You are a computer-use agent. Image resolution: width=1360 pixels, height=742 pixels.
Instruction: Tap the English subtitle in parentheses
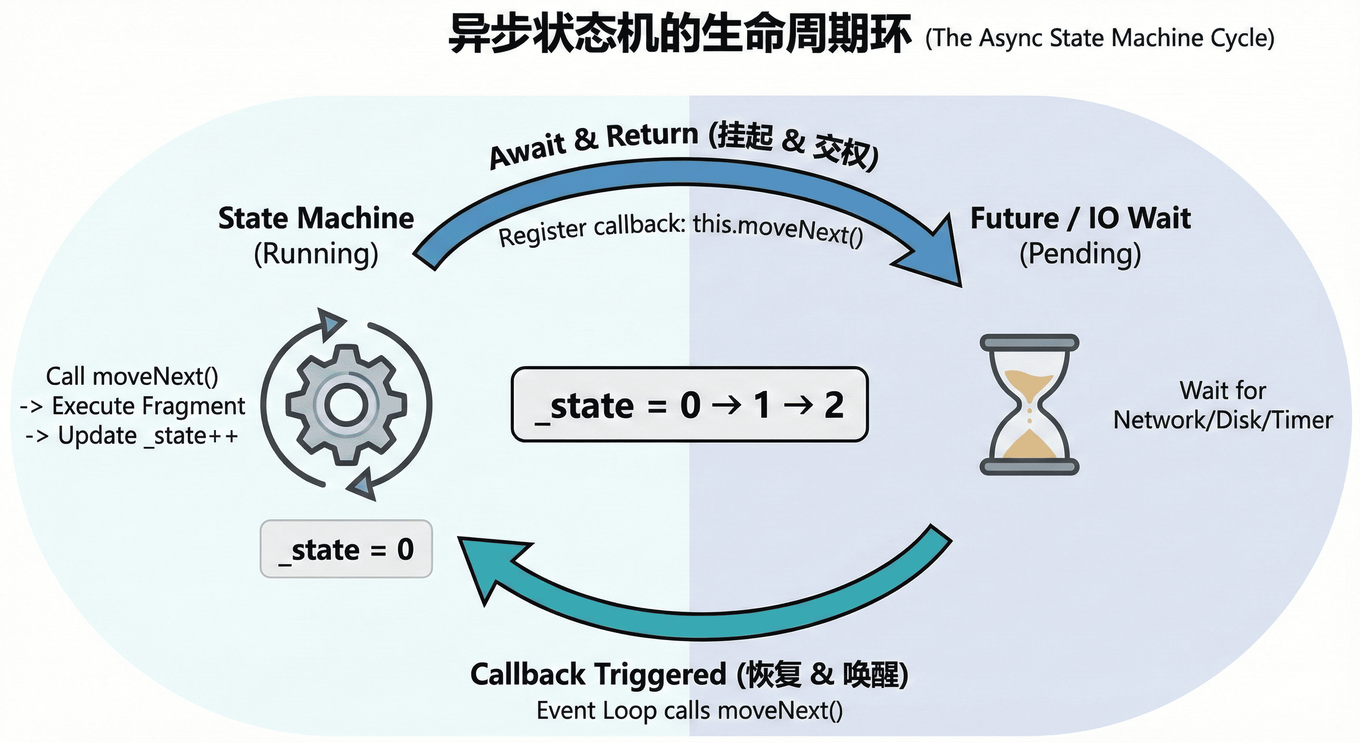(1100, 38)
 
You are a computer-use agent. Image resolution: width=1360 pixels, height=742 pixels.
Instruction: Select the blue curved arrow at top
(686, 174)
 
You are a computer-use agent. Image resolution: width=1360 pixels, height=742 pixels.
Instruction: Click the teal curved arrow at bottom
(702, 623)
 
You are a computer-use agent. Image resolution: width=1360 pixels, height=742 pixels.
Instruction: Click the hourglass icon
(1029, 404)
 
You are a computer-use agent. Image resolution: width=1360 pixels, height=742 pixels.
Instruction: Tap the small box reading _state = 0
(346, 549)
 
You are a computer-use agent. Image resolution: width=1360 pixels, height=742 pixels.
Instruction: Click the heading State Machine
(316, 218)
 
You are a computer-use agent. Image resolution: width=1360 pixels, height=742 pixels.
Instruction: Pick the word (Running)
(316, 254)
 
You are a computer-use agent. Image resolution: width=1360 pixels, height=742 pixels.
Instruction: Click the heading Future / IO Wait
(1080, 218)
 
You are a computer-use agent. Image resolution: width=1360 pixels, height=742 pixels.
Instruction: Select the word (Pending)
(1080, 254)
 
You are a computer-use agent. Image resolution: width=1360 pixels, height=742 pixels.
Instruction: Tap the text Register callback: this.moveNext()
(681, 230)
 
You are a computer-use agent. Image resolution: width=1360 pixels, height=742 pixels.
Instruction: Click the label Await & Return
(594, 143)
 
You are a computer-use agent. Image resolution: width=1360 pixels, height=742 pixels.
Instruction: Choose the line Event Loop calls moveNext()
(690, 710)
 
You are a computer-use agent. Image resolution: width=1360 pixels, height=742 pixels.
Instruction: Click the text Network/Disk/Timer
(1223, 420)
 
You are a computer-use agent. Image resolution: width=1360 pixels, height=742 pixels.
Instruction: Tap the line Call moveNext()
(132, 376)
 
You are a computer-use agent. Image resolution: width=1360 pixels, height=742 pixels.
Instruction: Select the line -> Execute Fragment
(132, 406)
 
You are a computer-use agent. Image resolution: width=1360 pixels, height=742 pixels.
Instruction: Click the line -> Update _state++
(132, 436)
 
